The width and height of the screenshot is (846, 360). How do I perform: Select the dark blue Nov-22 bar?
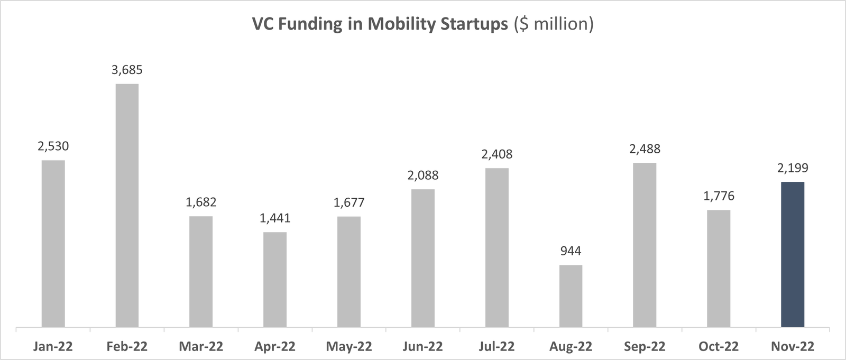click(792, 254)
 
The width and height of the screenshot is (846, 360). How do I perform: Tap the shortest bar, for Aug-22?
click(571, 296)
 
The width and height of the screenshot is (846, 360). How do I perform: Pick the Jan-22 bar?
click(53, 243)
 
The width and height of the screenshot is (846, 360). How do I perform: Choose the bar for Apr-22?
click(275, 279)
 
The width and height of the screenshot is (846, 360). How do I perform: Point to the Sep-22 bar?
click(645, 245)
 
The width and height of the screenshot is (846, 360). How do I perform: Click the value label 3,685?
click(127, 70)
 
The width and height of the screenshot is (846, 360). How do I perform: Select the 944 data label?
click(571, 251)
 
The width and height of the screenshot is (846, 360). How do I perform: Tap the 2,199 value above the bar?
click(792, 168)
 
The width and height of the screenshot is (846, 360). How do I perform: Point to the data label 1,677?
click(349, 202)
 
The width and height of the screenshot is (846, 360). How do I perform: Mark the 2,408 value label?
click(496, 154)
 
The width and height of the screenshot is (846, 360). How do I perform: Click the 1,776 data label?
click(719, 196)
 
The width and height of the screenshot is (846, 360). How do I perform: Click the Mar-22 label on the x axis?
click(201, 347)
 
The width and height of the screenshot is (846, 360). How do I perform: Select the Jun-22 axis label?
click(422, 347)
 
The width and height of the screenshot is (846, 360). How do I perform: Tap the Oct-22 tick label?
click(719, 347)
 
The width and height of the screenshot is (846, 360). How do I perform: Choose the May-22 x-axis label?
click(349, 347)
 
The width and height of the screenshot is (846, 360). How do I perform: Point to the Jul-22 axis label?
click(496, 347)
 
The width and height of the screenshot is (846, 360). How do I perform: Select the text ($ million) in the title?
click(554, 25)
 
